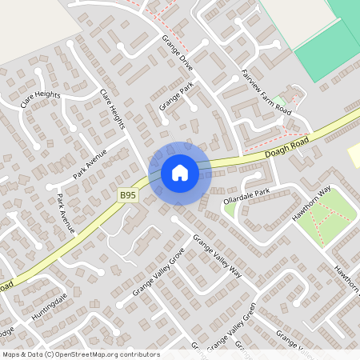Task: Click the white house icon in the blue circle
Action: (180, 172)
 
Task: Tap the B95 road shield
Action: (129, 195)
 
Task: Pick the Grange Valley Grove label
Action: (158, 272)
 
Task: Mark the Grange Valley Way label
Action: (217, 256)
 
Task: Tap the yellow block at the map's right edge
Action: (354, 155)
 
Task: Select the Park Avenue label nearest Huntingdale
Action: (66, 213)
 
